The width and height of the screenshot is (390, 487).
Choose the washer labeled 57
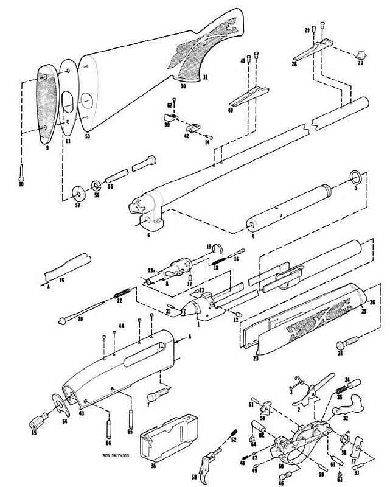point(78,194)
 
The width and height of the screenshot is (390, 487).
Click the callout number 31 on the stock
point(205,77)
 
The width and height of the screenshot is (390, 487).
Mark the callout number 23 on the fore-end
point(256,359)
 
